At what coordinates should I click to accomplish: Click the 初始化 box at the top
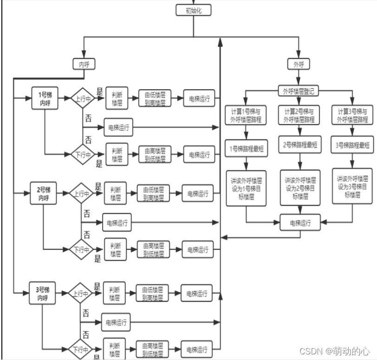point(194,10)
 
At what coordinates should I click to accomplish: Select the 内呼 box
point(84,64)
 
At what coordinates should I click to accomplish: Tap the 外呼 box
point(299,64)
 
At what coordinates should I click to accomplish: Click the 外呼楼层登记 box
point(299,91)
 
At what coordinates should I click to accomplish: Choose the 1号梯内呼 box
point(45,98)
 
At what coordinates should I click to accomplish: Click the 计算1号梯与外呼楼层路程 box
point(246,116)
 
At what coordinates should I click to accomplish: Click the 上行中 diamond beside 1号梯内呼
point(82,98)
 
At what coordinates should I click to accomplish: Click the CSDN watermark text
point(334,351)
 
